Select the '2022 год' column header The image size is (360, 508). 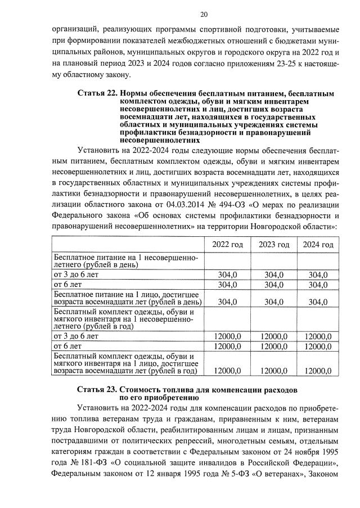[x=227, y=245]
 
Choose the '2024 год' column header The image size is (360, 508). [x=318, y=245]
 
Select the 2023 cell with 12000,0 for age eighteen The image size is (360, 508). [x=273, y=371]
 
